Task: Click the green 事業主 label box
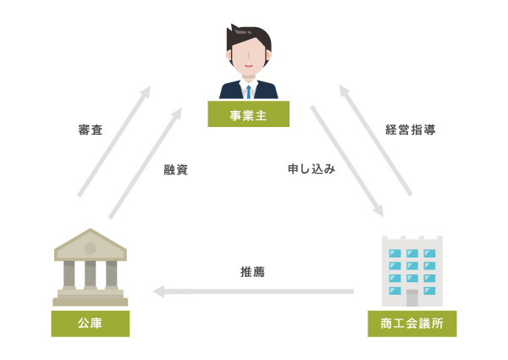pos(248,114)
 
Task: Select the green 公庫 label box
pos(90,323)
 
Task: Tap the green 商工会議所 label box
pos(411,323)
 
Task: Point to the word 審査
pos(91,130)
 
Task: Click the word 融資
pos(176,169)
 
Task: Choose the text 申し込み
pos(311,169)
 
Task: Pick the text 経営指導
pos(411,130)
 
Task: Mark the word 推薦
pos(253,272)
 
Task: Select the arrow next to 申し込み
pos(346,160)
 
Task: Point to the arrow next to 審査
pos(114,141)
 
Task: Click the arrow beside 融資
pos(145,163)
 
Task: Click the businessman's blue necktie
pos(248,90)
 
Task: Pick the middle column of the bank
pos(91,274)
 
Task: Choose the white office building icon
pos(412,271)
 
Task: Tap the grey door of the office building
pos(412,297)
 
